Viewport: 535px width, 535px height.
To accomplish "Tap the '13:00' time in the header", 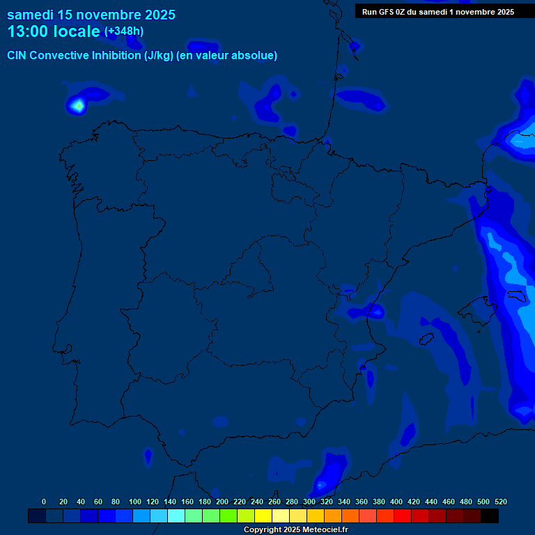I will (x=27, y=31).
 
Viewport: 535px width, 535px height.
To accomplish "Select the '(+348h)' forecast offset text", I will (x=123, y=31).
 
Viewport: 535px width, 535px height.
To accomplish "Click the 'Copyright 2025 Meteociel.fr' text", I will (x=295, y=530).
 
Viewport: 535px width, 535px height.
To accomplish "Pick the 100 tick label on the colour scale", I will (x=135, y=502).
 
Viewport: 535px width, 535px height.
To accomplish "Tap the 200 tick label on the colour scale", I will (x=222, y=502).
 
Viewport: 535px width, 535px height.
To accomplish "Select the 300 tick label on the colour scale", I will (x=309, y=502).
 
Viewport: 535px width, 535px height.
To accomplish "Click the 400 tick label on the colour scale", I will (x=396, y=502).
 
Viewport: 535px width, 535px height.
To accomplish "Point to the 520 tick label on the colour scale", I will (x=500, y=502).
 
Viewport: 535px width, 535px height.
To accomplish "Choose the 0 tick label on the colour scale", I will (x=44, y=502).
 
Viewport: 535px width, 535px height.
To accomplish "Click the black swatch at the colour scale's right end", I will (x=490, y=515).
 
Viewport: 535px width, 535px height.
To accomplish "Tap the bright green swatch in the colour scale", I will (x=228, y=515).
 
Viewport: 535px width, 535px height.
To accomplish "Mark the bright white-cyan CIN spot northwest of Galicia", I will (x=77, y=105).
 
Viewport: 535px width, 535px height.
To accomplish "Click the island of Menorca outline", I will (x=516, y=299).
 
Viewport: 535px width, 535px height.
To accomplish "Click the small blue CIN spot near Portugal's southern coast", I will (x=148, y=456).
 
